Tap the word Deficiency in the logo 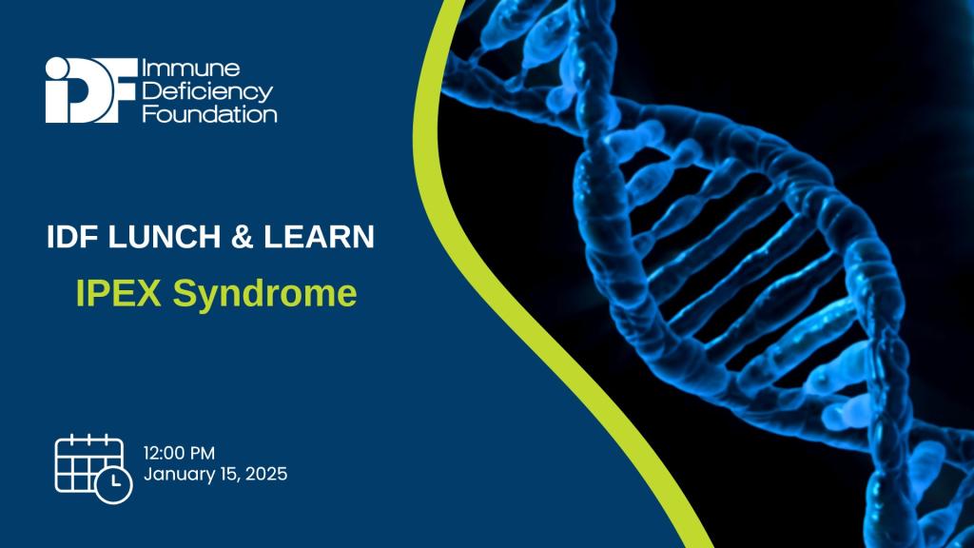(206, 91)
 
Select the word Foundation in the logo (209, 114)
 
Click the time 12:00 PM (185, 452)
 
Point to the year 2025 (266, 474)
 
